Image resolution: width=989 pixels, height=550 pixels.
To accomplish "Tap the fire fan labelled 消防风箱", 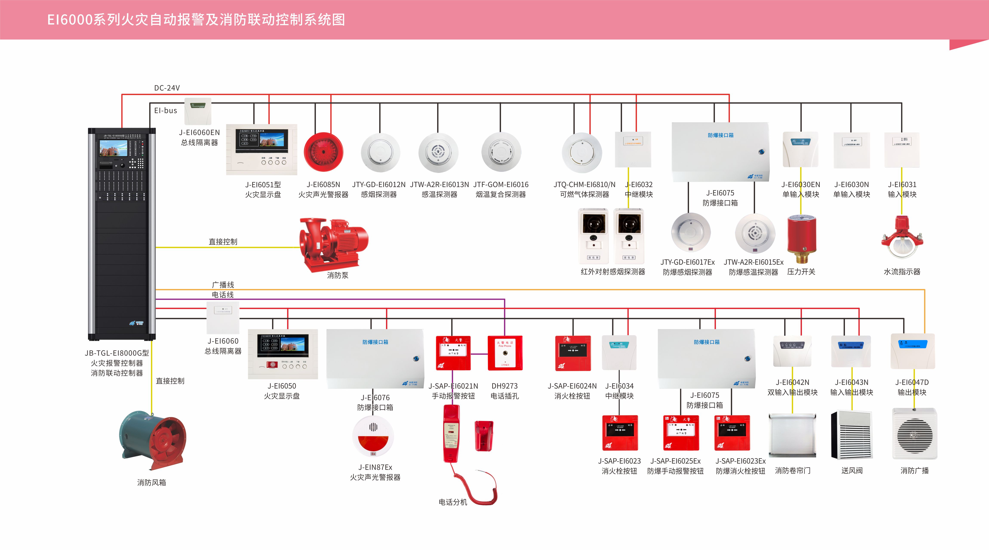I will click(x=153, y=441).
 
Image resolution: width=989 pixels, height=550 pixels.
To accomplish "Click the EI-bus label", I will click(x=165, y=111).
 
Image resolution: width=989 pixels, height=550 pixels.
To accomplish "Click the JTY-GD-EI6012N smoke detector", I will click(x=380, y=153).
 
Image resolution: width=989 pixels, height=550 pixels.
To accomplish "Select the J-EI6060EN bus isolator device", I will click(x=198, y=111).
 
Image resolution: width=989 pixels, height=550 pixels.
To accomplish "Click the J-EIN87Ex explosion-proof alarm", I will click(x=373, y=437).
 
